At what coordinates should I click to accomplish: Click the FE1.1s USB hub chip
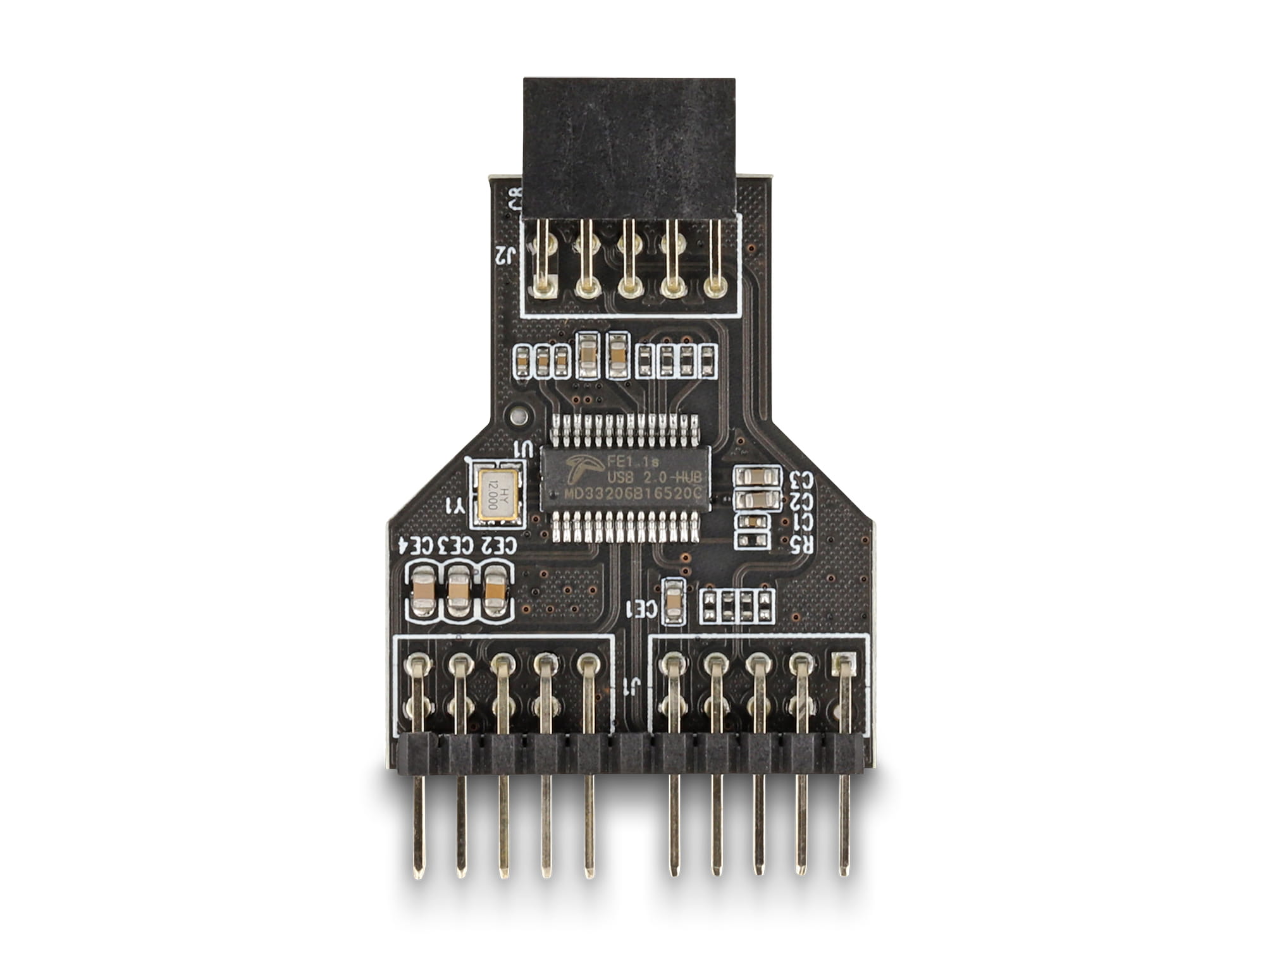point(626,478)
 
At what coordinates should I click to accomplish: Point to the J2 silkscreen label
point(506,256)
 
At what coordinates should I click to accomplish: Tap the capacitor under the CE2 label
point(495,592)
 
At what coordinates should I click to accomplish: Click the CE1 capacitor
point(672,601)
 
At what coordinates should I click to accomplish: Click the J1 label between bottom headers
point(629,686)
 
